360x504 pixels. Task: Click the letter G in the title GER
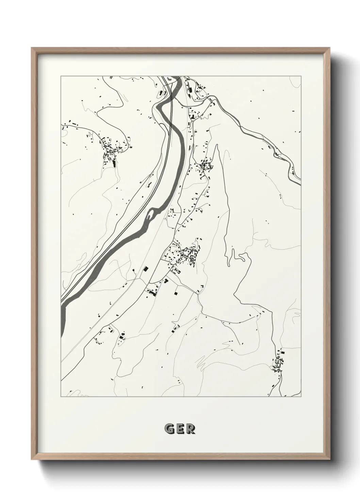click(x=169, y=429)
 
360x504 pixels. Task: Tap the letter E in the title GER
click(x=180, y=429)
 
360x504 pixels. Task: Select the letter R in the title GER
click(x=191, y=429)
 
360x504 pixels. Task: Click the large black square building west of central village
click(x=146, y=269)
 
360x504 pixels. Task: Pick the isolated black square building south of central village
click(x=176, y=293)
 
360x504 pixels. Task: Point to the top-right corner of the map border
click(x=301, y=76)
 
